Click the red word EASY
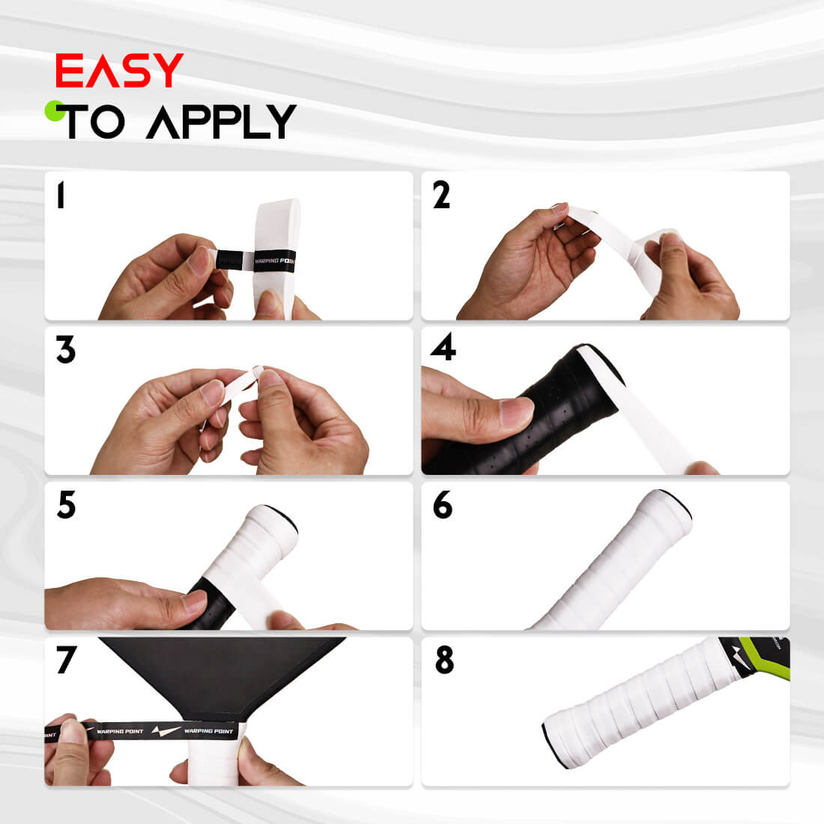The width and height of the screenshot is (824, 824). (x=119, y=71)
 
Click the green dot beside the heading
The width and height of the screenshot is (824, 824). (x=54, y=111)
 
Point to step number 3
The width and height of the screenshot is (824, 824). (x=66, y=350)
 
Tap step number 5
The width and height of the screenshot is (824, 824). (x=66, y=506)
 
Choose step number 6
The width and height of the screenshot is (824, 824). (x=443, y=506)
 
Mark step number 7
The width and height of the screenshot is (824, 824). (x=66, y=660)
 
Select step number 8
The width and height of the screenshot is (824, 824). (x=444, y=660)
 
